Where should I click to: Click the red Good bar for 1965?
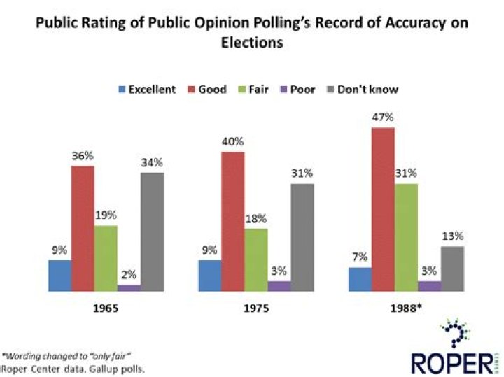[83, 228]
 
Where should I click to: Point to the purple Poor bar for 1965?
[129, 287]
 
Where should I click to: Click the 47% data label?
[383, 117]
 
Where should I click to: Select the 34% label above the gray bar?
[152, 162]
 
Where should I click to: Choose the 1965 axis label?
[106, 306]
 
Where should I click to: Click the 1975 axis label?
[256, 306]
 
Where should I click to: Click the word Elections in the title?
[251, 42]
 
